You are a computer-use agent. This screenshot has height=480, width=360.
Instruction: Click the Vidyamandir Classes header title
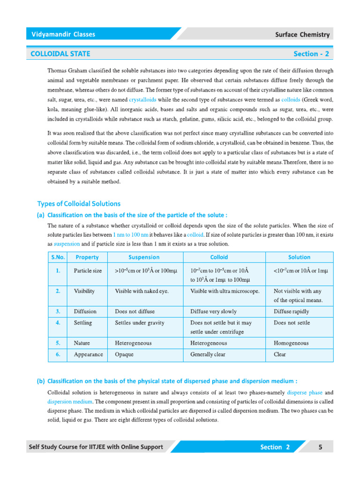click(x=63, y=34)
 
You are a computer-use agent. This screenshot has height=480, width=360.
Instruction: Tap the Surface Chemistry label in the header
click(x=302, y=35)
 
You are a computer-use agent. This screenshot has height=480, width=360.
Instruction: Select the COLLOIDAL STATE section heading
click(x=60, y=54)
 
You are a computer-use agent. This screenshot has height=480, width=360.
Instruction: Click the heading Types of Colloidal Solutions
click(x=79, y=203)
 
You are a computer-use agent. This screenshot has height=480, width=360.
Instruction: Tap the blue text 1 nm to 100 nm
click(x=131, y=234)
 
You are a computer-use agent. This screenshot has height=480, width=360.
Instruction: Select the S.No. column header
click(x=58, y=257)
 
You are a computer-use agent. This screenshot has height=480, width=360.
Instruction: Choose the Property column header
click(x=87, y=257)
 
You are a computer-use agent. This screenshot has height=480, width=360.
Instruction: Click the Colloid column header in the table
click(x=219, y=257)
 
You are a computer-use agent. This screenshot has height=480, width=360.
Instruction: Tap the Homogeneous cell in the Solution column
click(x=291, y=343)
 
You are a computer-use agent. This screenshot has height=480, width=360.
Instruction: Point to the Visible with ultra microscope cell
click(x=225, y=291)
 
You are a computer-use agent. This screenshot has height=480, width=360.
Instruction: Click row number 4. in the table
click(x=58, y=323)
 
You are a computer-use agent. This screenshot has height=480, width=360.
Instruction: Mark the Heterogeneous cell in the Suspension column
click(x=133, y=343)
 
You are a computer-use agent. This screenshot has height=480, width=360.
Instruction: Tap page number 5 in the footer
click(x=320, y=447)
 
